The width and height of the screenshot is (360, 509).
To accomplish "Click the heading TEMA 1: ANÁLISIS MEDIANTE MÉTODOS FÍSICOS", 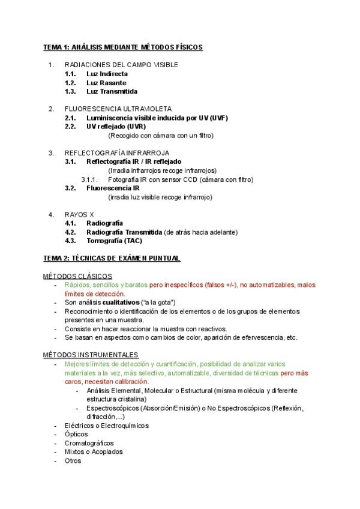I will click(x=123, y=47).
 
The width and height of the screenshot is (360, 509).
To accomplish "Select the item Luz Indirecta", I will click(x=107, y=74).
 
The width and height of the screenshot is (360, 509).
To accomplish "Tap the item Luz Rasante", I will click(x=106, y=83).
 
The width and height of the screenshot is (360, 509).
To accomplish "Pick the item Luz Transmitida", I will click(x=112, y=92).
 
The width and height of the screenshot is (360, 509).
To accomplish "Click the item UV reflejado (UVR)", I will click(x=116, y=127).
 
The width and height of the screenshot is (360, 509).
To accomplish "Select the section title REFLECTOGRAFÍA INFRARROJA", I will click(x=116, y=152).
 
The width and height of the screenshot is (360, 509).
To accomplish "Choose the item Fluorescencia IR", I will click(x=113, y=188).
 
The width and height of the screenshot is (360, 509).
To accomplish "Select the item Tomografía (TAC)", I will click(x=115, y=241).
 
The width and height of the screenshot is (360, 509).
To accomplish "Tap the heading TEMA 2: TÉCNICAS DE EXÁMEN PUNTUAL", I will click(x=112, y=258).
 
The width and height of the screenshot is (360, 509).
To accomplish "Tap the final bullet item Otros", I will click(x=73, y=461).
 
